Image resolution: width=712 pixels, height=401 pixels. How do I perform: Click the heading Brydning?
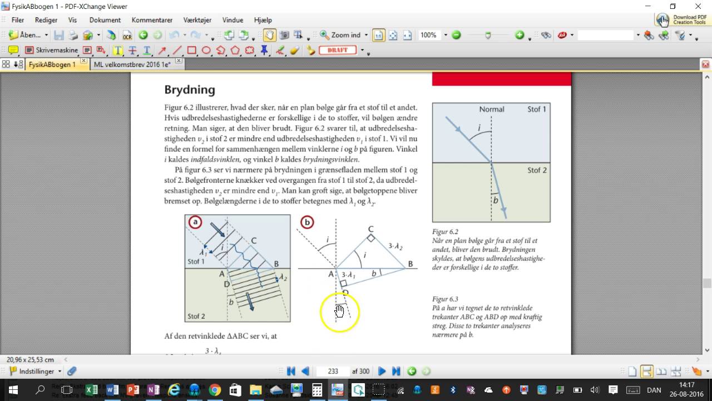pos(190,90)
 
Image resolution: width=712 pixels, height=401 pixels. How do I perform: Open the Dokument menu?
pos(105,20)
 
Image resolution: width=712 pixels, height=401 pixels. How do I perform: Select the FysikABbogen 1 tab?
pos(52,65)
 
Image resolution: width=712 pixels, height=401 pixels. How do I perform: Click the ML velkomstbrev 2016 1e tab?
pos(132,65)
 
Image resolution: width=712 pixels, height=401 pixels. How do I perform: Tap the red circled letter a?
pos(195,223)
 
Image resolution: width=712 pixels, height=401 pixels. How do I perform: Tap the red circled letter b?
pos(307,223)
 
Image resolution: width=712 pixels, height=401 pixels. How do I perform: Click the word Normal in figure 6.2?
pos(492,109)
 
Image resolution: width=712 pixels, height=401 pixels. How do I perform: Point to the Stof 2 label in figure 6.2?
pos(537,170)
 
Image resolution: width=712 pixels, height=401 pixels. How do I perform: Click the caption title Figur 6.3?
pos(445,299)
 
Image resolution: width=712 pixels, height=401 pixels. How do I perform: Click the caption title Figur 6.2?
pos(445,232)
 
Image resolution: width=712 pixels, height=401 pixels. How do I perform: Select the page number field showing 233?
pos(333,371)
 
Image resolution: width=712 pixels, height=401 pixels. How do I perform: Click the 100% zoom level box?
pos(429,35)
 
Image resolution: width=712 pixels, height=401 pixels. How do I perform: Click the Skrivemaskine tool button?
pos(51,50)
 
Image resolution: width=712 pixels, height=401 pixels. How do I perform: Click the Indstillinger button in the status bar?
pos(36,371)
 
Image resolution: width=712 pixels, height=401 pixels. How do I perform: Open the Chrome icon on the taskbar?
pos(215,390)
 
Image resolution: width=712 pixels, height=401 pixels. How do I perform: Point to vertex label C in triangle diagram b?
pos(371,229)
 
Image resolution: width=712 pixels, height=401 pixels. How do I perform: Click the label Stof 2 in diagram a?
pos(196,316)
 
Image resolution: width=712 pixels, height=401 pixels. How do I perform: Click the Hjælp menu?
pos(263,20)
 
